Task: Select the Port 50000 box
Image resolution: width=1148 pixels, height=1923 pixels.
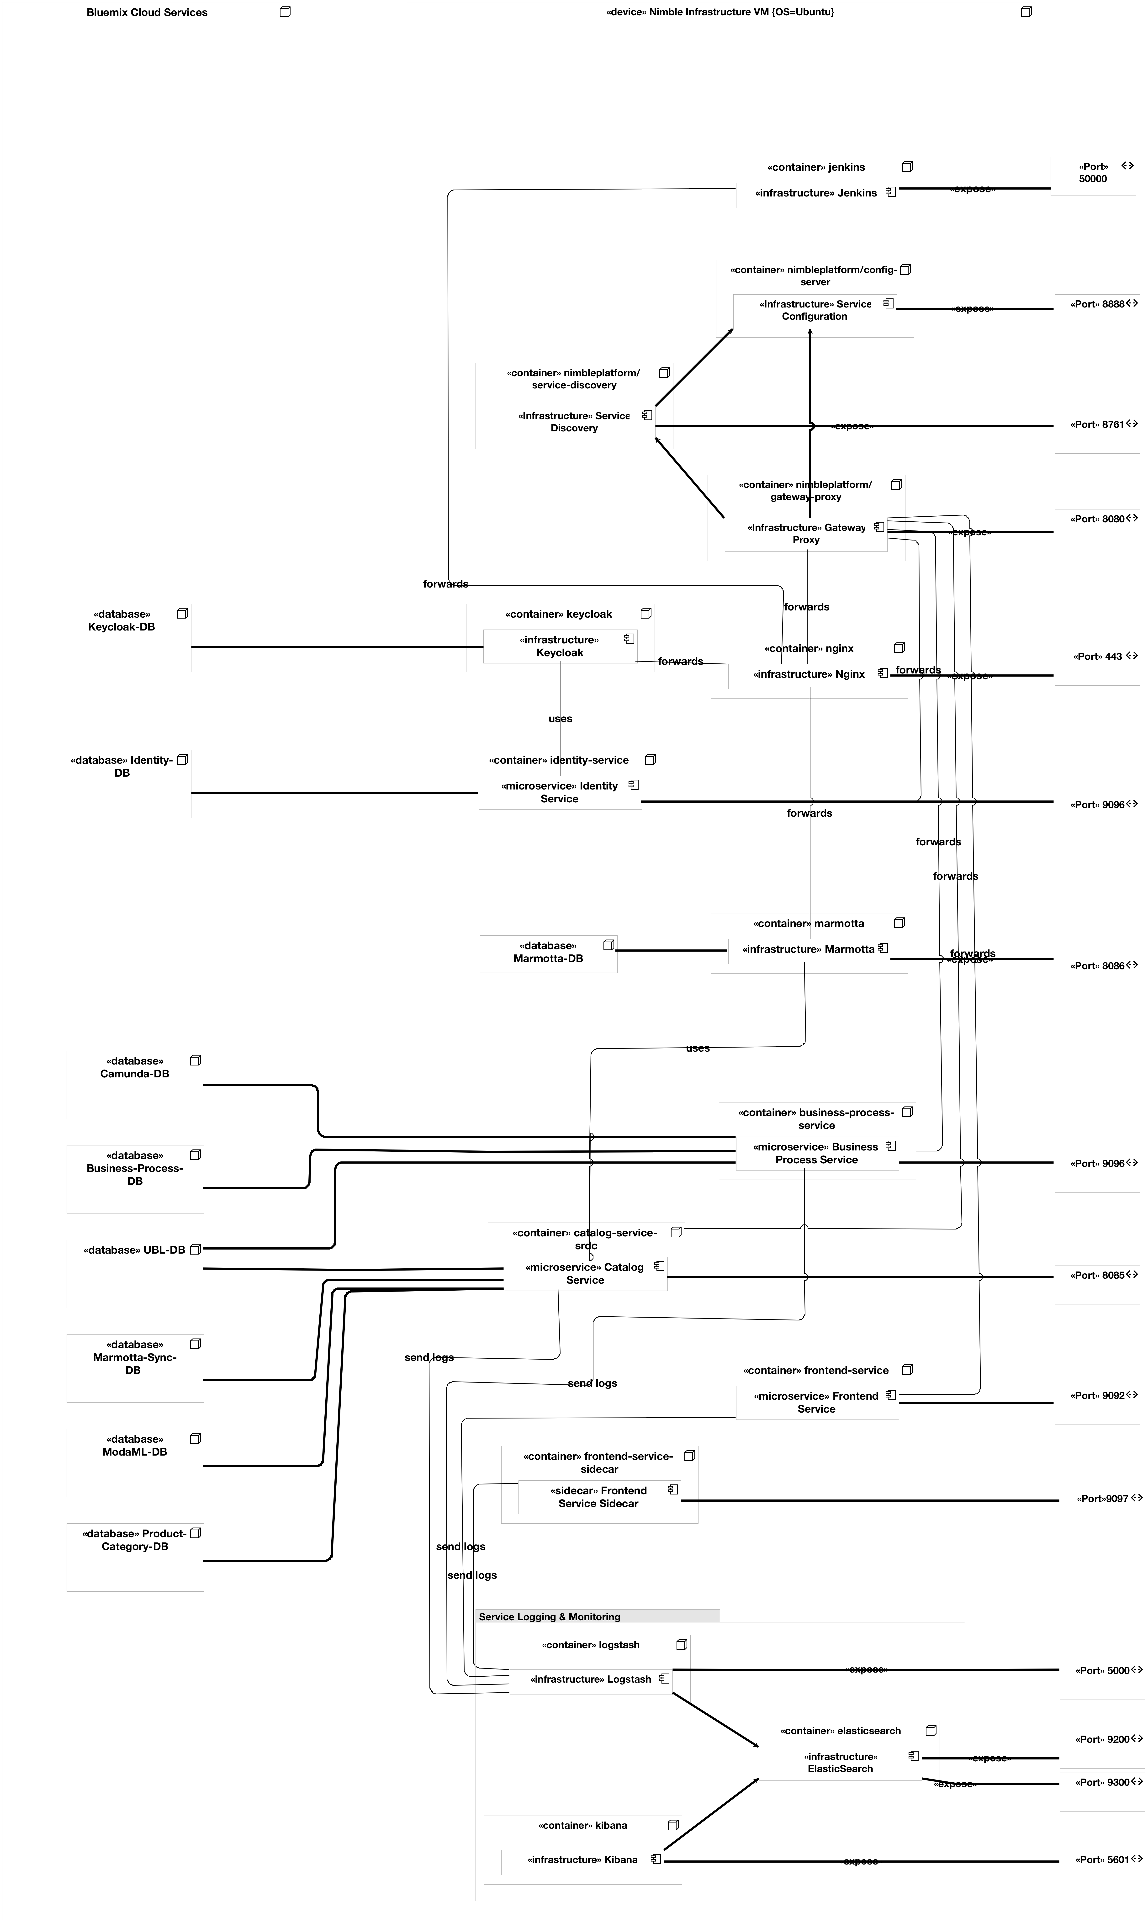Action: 1092,176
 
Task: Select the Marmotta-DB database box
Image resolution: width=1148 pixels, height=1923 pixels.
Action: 548,953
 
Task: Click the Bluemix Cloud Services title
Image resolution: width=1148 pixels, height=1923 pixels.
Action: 147,12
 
